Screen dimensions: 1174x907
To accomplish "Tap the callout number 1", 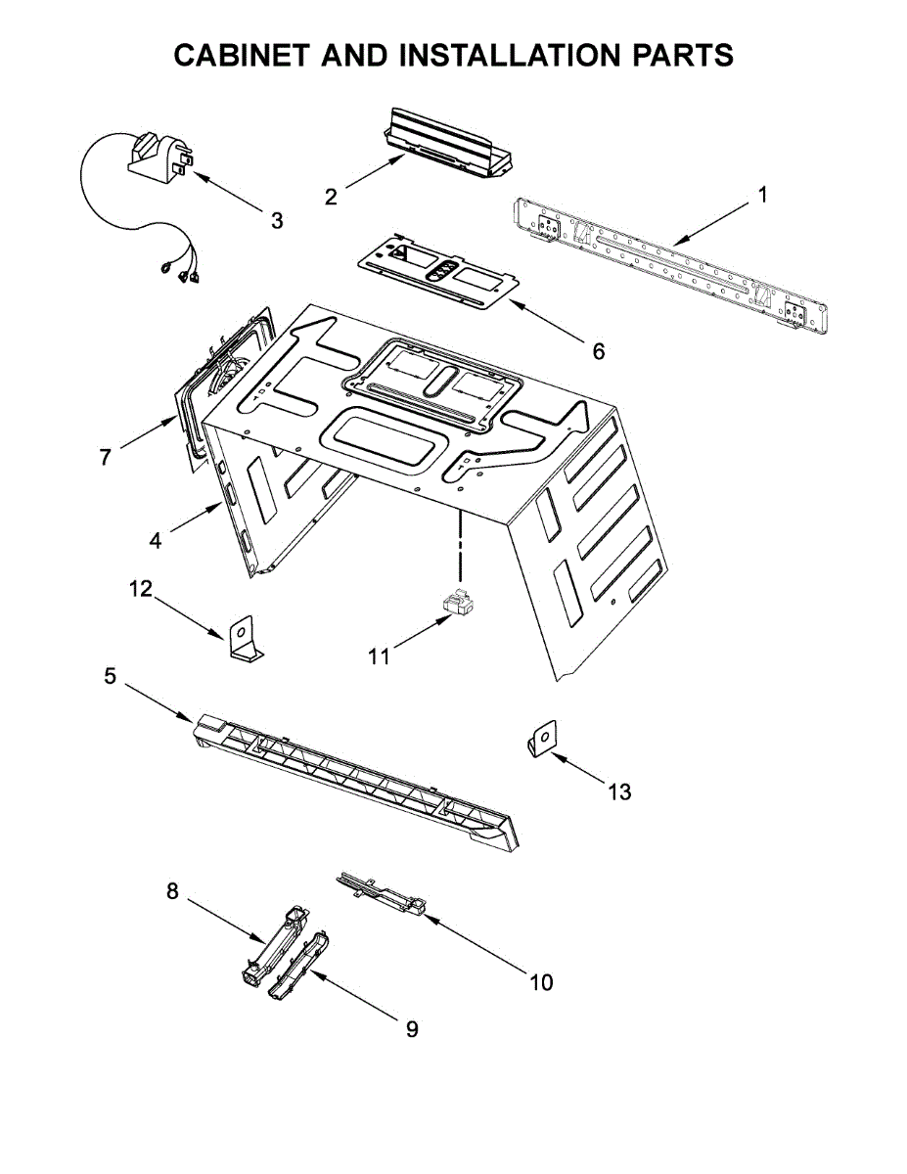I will [762, 194].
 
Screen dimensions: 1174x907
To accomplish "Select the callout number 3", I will [277, 221].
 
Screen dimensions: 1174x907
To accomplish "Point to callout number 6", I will [598, 350].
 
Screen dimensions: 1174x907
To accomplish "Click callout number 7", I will [105, 457].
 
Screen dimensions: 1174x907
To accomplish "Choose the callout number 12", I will [141, 588].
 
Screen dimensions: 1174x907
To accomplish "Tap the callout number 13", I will [620, 791].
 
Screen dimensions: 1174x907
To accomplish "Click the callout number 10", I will [541, 981].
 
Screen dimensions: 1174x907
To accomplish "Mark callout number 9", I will [411, 1029].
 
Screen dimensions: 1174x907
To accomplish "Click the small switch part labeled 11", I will [457, 605].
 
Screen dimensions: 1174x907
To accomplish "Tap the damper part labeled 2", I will [446, 145].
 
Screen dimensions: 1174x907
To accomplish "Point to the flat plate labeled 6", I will [435, 273].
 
